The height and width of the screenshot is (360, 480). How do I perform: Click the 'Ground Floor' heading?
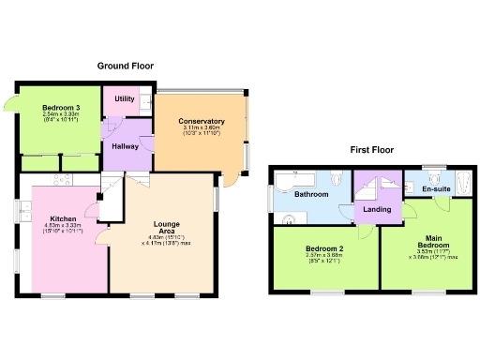[x=127, y=66]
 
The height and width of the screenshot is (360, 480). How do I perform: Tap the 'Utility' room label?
[x=124, y=98]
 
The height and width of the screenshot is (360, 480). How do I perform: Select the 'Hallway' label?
[x=125, y=145]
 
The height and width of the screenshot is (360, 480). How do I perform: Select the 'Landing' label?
[x=377, y=209]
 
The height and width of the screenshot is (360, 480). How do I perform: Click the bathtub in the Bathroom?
[x=296, y=175]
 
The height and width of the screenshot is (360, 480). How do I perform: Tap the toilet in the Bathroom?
[x=337, y=174]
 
